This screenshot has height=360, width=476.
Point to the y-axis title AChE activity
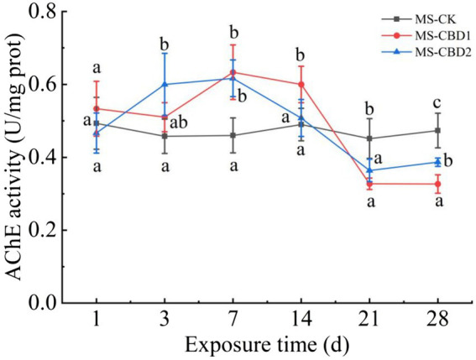[x=17, y=159]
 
